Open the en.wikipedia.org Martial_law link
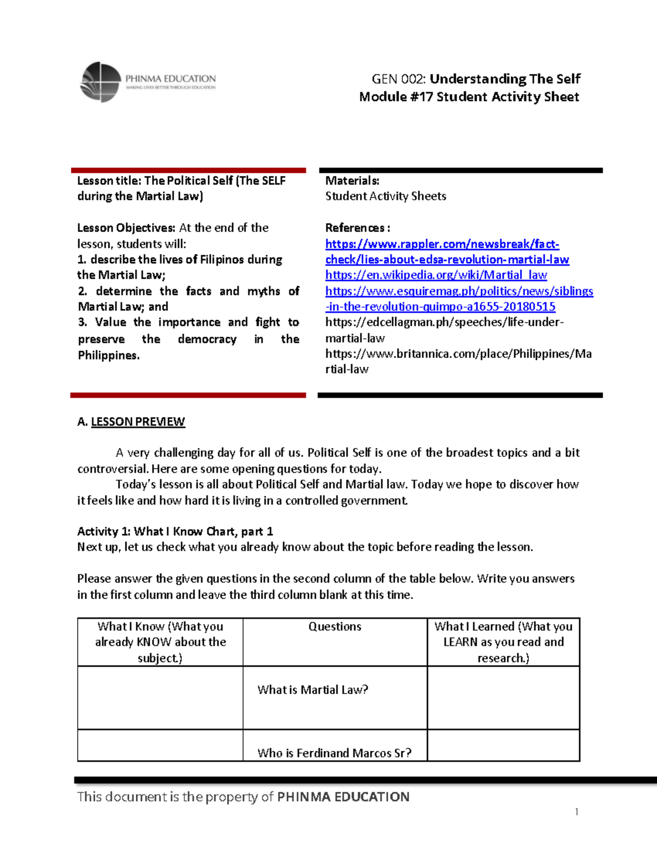tap(436, 275)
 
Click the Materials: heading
tap(352, 181)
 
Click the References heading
tap(357, 228)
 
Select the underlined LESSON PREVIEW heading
tap(137, 422)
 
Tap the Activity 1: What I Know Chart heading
tap(175, 531)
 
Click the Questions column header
tap(335, 627)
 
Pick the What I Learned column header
tap(503, 642)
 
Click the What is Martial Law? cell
tap(313, 690)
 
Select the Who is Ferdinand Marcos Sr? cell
tap(334, 753)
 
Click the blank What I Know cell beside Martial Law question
tap(160, 698)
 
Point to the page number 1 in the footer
tap(577, 812)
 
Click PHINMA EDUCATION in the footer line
tap(343, 797)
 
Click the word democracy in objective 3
tap(207, 339)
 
